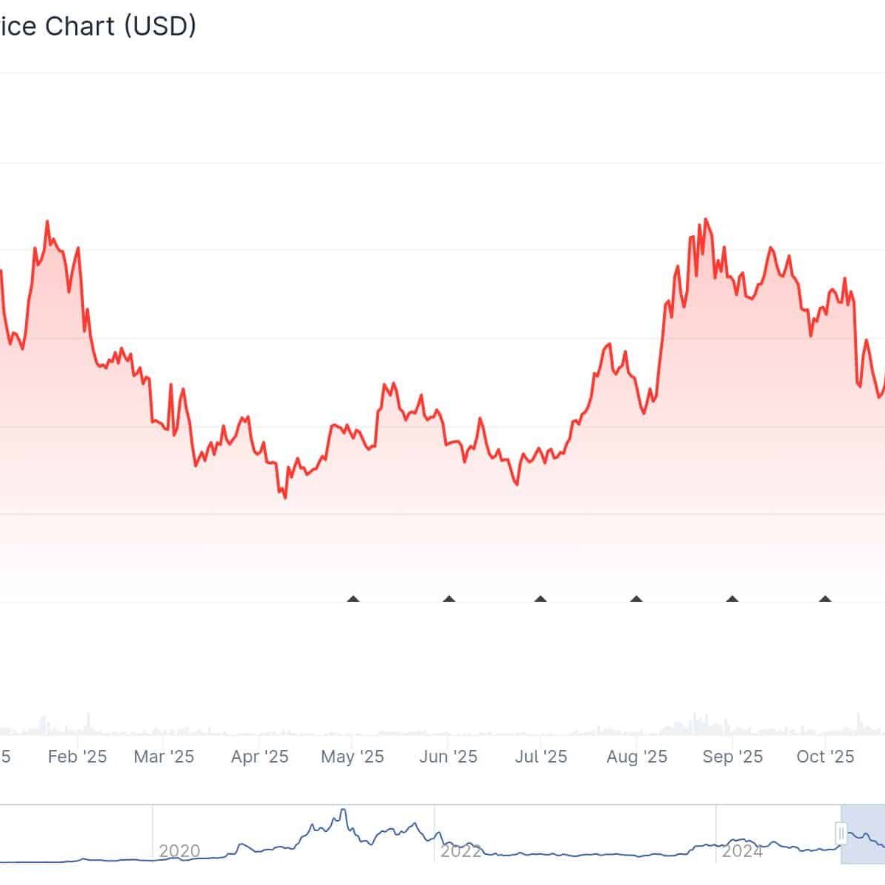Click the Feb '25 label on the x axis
click(77, 757)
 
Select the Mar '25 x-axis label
click(164, 757)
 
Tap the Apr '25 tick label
click(260, 757)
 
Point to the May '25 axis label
click(353, 757)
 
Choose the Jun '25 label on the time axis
click(448, 757)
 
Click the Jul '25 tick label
click(541, 757)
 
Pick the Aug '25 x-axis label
click(636, 757)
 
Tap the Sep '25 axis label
click(732, 757)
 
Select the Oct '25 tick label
click(825, 757)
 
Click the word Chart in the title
click(80, 27)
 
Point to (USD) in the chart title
click(160, 27)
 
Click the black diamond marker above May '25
click(353, 600)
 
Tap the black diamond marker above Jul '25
click(541, 600)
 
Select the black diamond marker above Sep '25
click(732, 600)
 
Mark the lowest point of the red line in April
click(285, 498)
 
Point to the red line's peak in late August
click(706, 219)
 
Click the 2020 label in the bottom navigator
click(179, 851)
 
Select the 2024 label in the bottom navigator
click(742, 851)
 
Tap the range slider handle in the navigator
click(841, 833)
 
